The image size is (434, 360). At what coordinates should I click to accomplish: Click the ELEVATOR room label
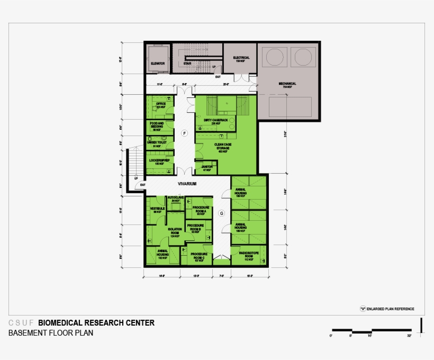pos(158,64)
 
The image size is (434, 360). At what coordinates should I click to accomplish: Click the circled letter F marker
pos(185,133)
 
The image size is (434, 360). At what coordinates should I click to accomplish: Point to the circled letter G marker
pos(222,213)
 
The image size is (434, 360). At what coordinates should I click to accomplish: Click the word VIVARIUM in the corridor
pos(187,184)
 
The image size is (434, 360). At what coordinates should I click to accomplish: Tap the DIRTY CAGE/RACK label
pos(215,120)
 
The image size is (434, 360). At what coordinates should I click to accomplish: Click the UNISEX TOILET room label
pos(157,143)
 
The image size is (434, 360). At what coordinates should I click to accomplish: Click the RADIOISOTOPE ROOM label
pos(248,255)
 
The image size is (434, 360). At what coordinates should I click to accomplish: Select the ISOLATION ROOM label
pos(175,231)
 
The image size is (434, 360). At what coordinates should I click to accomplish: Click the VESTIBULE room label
pos(158,209)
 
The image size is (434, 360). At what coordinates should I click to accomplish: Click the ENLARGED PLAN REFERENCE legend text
pos(391,309)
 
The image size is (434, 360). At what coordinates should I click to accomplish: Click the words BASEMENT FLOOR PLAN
pos(51,333)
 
